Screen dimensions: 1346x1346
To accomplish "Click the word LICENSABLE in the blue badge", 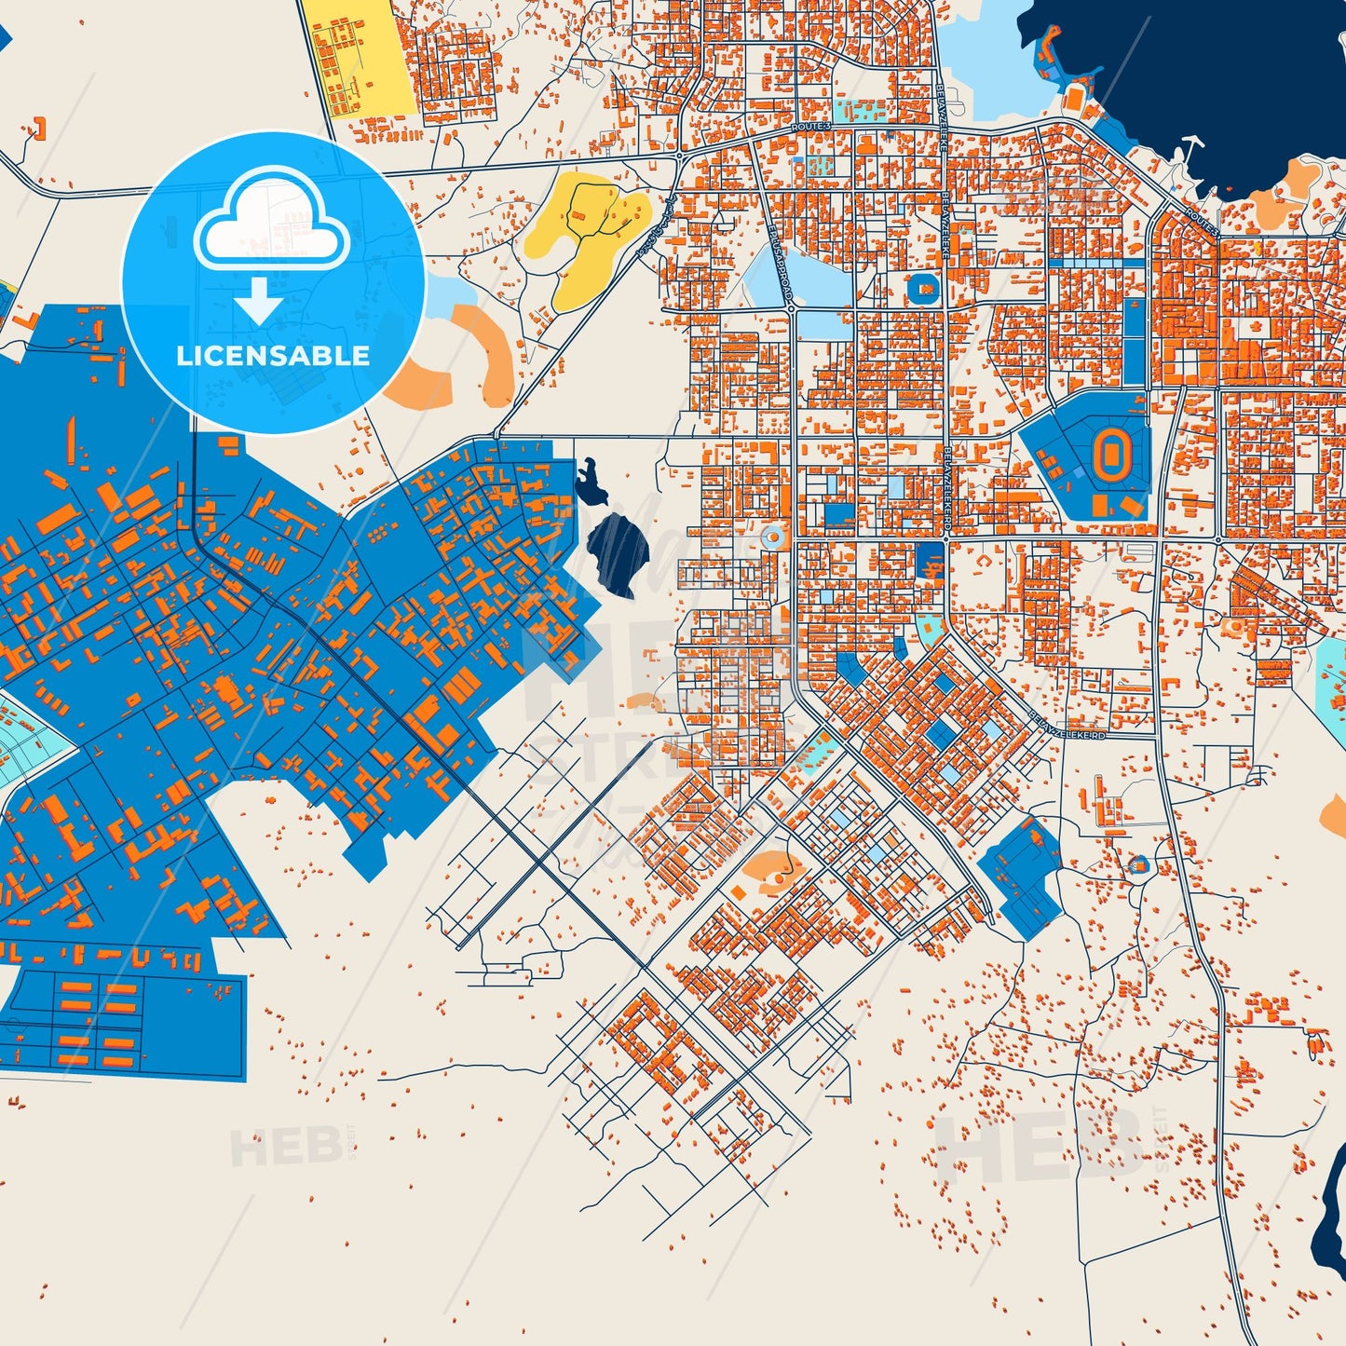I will pos(273,356).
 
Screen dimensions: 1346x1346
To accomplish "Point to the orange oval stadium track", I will pos(1109,454).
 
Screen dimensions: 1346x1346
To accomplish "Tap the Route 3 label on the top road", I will pos(809,126).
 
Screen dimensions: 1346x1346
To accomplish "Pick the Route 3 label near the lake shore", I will pos(1201,221).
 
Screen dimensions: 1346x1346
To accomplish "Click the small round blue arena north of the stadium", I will pos(923,289).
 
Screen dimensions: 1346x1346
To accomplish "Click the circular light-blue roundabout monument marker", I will pos(770,537).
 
